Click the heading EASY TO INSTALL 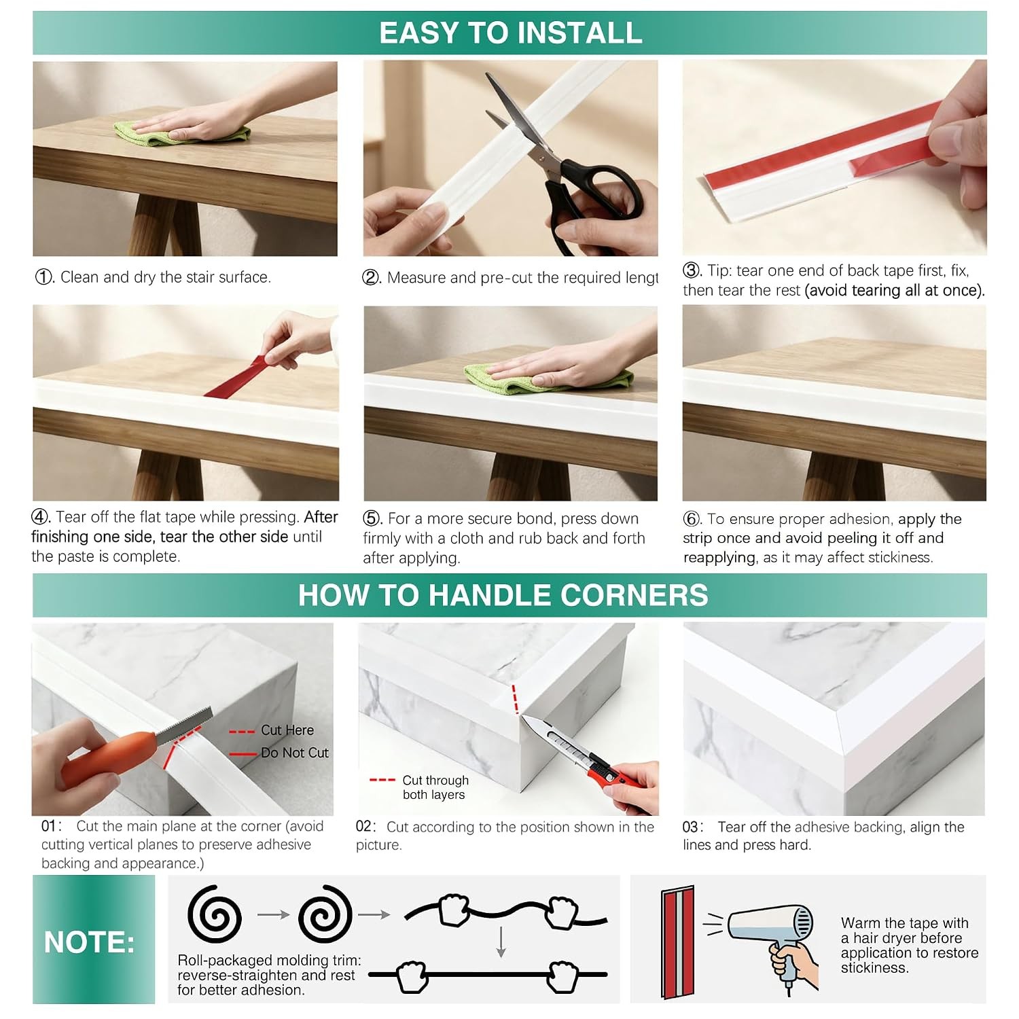pyautogui.click(x=510, y=33)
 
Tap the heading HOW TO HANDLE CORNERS pyautogui.click(x=503, y=595)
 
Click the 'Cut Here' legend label pyautogui.click(x=287, y=730)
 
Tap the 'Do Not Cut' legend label pyautogui.click(x=294, y=753)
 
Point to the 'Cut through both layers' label pyautogui.click(x=435, y=787)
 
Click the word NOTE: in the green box pyautogui.click(x=89, y=942)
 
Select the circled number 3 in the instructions pyautogui.click(x=692, y=270)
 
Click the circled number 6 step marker pyautogui.click(x=692, y=519)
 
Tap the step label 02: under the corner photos pyautogui.click(x=365, y=827)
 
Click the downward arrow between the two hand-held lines pyautogui.click(x=501, y=942)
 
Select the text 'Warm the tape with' pyautogui.click(x=905, y=923)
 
